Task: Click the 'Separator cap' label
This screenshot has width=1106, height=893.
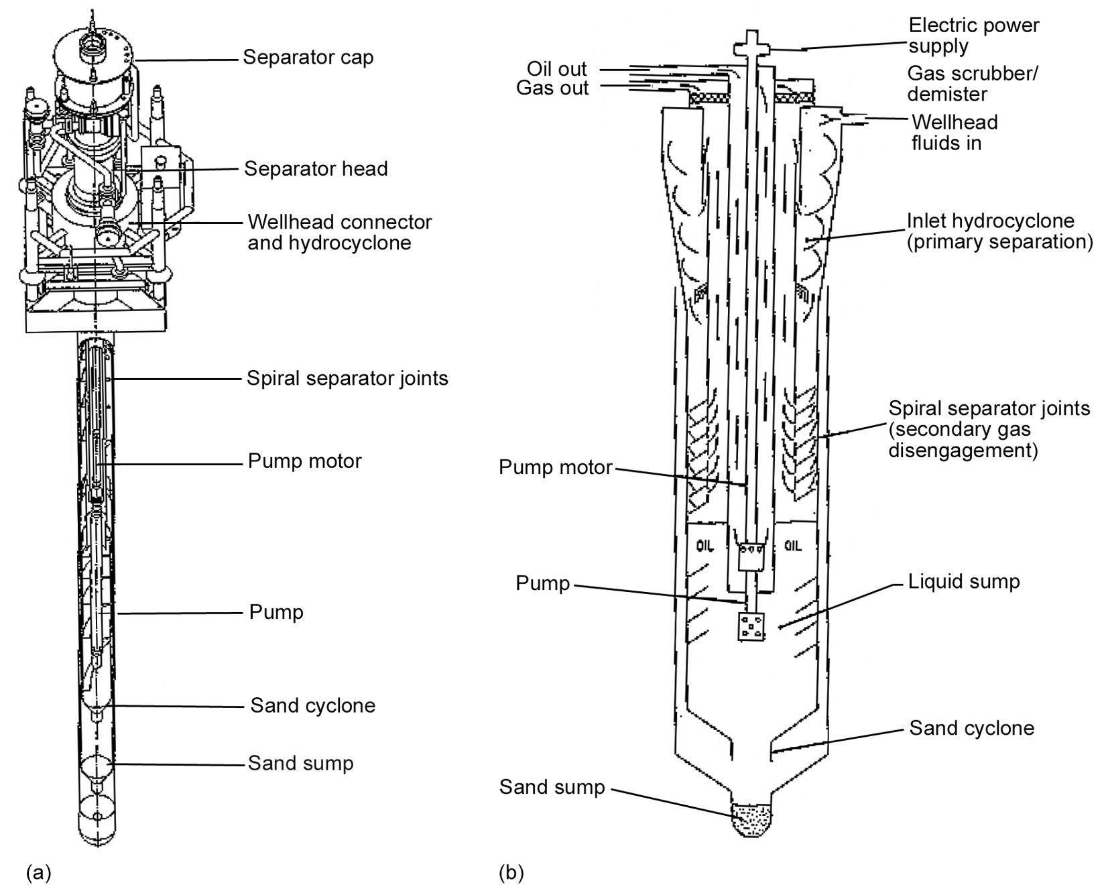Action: click(x=308, y=58)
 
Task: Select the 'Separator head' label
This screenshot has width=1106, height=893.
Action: click(x=316, y=168)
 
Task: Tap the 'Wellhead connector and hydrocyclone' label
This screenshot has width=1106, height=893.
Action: click(x=339, y=232)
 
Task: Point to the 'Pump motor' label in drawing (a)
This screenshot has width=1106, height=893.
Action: click(x=304, y=461)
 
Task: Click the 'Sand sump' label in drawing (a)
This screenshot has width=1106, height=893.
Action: click(x=300, y=764)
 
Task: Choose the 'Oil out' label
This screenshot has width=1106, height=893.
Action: click(x=556, y=69)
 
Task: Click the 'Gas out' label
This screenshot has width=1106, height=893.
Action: click(x=552, y=88)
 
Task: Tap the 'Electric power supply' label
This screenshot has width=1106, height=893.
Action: click(x=973, y=36)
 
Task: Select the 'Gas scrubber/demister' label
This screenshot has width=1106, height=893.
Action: click(x=972, y=83)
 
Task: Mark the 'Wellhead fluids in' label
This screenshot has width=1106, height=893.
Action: click(x=954, y=132)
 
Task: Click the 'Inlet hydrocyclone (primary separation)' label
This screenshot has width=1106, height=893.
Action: click(x=999, y=231)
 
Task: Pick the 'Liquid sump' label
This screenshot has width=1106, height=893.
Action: click(x=963, y=581)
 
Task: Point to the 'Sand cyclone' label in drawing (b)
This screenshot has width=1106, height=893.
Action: click(x=971, y=728)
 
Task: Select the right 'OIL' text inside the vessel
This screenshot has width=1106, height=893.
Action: click(x=792, y=546)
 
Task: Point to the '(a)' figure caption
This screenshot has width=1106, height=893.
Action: click(x=38, y=872)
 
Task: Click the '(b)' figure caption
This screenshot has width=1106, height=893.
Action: click(x=511, y=873)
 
